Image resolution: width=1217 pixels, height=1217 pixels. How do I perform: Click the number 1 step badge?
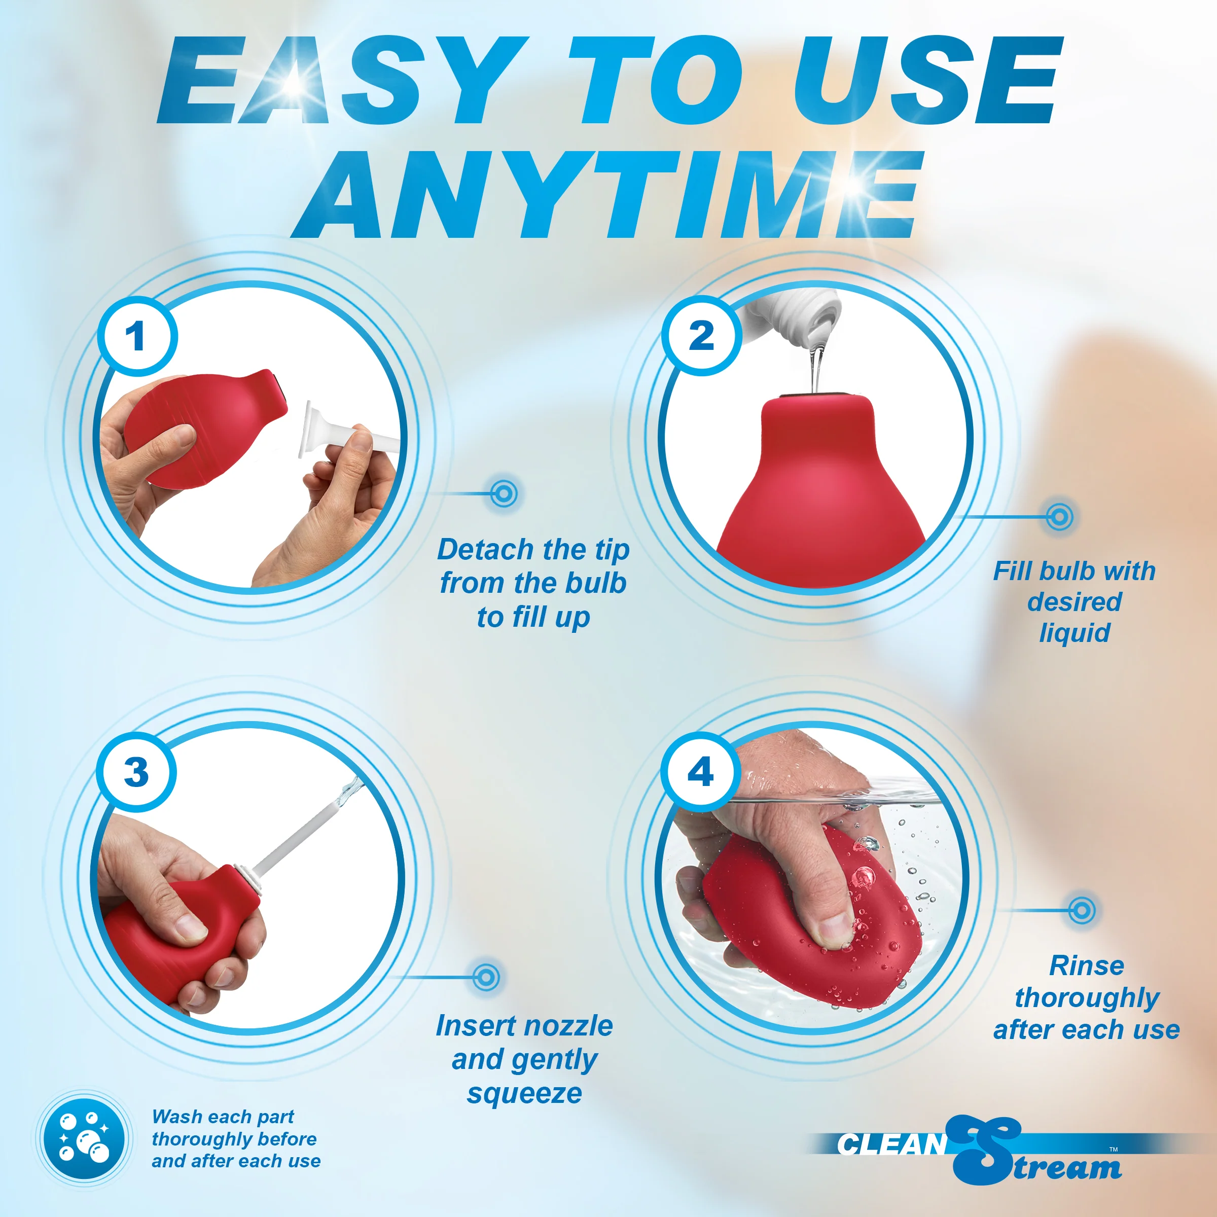coord(137,336)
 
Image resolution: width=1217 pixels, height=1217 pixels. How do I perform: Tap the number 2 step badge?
coord(701,336)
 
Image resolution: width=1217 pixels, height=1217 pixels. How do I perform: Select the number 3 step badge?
coord(136,772)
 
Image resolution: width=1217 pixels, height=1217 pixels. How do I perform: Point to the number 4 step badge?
coord(700,772)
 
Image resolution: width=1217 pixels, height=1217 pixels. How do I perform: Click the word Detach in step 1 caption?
coord(486,549)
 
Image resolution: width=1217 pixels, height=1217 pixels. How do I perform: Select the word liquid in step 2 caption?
coord(1075,633)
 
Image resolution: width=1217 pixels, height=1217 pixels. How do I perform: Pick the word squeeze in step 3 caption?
coord(524,1094)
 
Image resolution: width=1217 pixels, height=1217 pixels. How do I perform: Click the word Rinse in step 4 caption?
coord(1087,965)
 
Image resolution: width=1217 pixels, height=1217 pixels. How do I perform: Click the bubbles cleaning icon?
coord(84,1139)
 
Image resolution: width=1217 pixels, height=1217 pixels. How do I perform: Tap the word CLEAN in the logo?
coord(892,1144)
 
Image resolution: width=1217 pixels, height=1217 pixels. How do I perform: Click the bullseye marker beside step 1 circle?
coord(504,493)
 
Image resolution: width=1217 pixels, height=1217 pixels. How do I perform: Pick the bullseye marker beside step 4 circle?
coord(1082,910)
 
